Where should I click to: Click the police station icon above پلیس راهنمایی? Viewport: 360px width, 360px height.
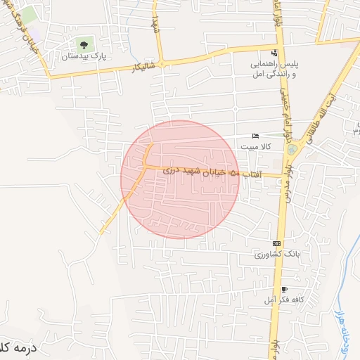click(274, 53)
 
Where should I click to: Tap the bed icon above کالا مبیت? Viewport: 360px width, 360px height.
click(255, 136)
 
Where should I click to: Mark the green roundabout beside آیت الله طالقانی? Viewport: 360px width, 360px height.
click(292, 150)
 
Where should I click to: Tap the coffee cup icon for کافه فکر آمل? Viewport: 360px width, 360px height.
click(284, 290)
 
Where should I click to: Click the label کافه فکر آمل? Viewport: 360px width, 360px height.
click(284, 300)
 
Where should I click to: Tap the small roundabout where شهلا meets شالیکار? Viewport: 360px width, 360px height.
click(162, 64)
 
